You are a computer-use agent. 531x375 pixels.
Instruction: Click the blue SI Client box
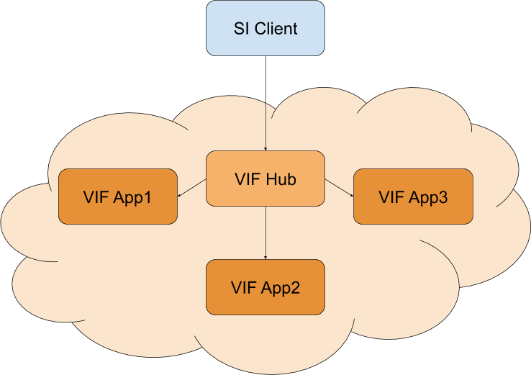click(265, 29)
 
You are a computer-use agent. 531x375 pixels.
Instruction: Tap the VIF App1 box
click(117, 196)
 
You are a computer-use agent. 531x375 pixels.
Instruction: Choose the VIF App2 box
click(265, 287)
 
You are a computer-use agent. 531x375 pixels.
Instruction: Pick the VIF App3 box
click(413, 196)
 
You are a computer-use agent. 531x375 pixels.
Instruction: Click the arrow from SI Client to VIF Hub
click(265, 126)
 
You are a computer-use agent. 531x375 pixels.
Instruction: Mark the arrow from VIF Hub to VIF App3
click(339, 189)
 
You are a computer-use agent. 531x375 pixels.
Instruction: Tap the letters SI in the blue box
click(242, 30)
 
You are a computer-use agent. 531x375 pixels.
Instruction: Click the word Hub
click(281, 179)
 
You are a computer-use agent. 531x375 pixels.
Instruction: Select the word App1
click(133, 197)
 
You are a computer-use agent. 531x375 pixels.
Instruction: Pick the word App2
click(281, 289)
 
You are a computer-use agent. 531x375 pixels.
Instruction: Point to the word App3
click(429, 197)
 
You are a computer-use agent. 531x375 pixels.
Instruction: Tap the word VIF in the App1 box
click(96, 197)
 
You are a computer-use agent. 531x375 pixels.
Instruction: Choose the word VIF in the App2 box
click(245, 288)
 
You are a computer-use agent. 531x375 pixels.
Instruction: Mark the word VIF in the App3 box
click(392, 197)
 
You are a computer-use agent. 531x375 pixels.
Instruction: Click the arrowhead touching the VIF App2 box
click(265, 256)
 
